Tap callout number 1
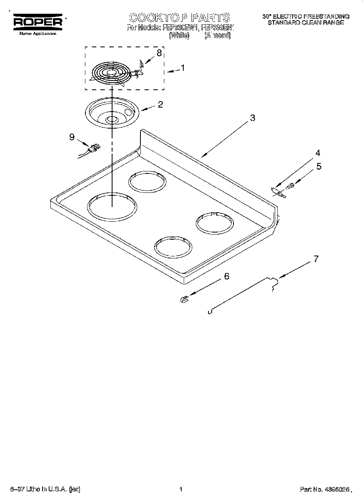click(183, 68)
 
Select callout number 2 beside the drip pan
click(160, 104)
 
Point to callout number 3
click(253, 118)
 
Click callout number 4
click(318, 153)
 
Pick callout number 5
click(319, 166)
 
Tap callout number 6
click(227, 276)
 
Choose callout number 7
click(316, 259)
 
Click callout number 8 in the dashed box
click(159, 53)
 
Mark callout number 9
click(72, 137)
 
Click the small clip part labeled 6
click(184, 299)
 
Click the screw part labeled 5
click(290, 186)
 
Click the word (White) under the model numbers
click(178, 36)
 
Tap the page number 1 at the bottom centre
click(181, 489)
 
